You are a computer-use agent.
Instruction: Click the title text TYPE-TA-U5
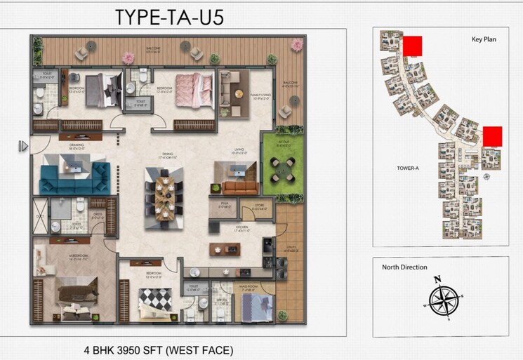(170, 16)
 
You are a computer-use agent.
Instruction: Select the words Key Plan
(484, 39)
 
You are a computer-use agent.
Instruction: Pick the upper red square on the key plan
(412, 45)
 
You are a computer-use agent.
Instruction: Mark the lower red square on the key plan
(493, 135)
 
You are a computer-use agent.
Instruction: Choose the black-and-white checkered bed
(153, 300)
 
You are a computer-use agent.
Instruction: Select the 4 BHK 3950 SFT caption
(159, 349)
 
